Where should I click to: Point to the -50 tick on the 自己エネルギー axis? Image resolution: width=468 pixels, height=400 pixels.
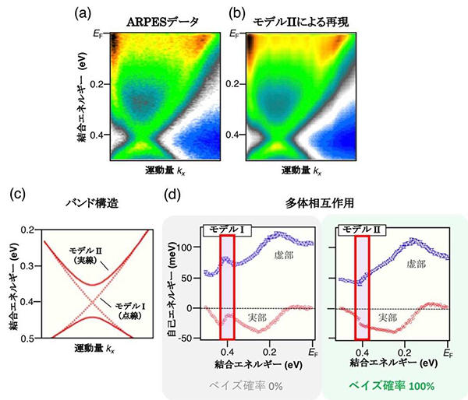click(x=187, y=338)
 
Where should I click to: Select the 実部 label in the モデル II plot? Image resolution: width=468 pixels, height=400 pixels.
click(x=387, y=317)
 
